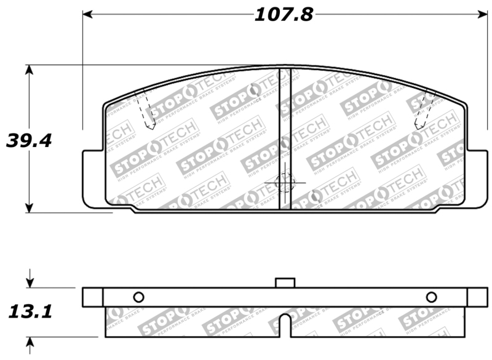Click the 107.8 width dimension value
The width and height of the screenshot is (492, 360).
click(x=284, y=14)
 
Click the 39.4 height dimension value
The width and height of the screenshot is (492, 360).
click(x=29, y=140)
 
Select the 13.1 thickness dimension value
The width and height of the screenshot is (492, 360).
click(x=29, y=311)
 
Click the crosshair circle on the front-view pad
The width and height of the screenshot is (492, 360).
click(x=284, y=182)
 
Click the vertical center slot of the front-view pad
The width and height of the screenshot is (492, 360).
click(x=285, y=138)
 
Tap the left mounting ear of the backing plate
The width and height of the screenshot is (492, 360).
click(x=92, y=178)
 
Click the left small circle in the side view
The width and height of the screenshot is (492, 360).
click(x=138, y=297)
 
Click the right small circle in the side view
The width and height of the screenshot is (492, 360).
click(x=431, y=297)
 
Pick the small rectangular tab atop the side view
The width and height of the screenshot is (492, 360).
click(x=285, y=282)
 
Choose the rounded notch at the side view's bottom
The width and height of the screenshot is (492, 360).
click(x=285, y=325)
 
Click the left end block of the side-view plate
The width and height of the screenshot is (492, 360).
click(x=92, y=297)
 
